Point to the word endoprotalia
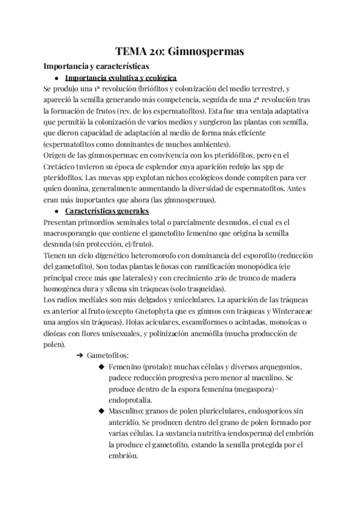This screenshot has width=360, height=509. [130, 400]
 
